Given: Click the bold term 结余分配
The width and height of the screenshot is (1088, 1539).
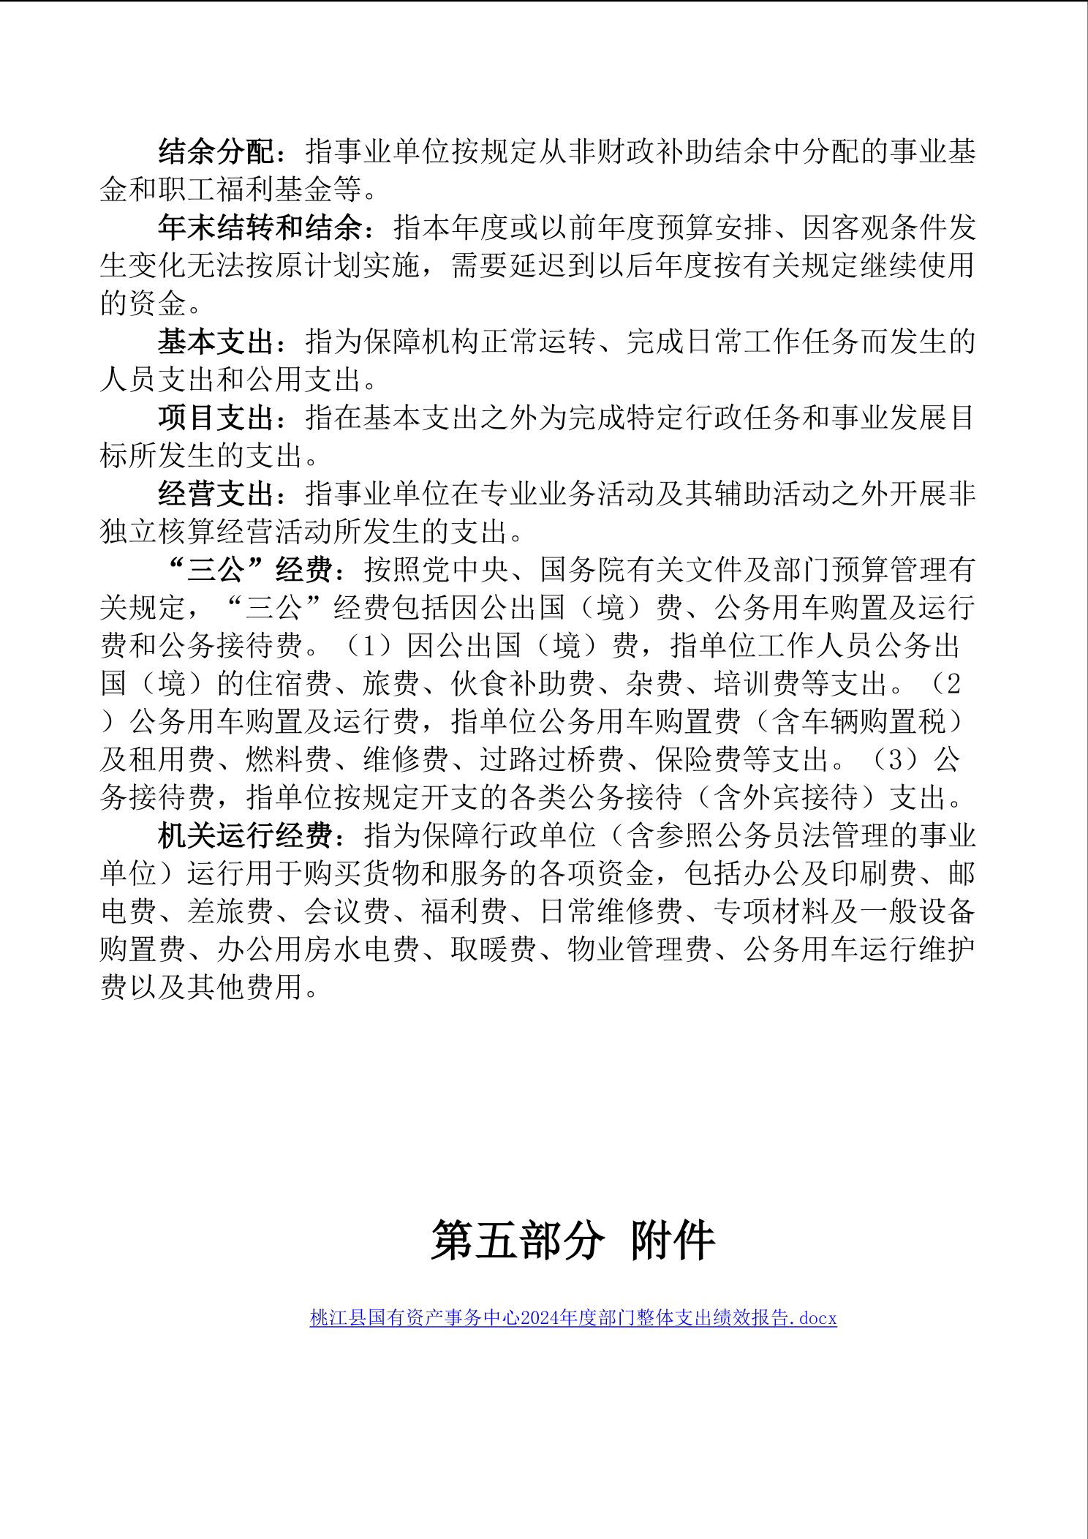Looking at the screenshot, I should pos(216,151).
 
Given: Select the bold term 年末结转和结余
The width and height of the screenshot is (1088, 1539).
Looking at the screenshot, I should pos(260,227).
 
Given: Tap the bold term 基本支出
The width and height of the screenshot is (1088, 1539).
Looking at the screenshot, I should pos(216,342).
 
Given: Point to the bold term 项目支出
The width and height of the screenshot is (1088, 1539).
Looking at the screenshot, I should pos(216,418).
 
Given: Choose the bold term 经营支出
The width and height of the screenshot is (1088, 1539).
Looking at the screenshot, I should pos(216,494).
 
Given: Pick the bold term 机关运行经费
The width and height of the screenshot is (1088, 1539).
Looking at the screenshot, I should pos(246,835).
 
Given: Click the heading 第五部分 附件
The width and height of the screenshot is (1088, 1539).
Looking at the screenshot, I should pos(573,1241).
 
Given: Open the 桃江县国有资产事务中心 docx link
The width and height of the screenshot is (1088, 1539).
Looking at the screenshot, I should pos(573,1318).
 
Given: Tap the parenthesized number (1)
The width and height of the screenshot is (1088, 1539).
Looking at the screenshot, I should pos(370,646).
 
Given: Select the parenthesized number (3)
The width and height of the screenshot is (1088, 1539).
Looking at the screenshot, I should pos(896,759).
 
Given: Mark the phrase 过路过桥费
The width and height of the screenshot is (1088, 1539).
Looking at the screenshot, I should pos(551,759).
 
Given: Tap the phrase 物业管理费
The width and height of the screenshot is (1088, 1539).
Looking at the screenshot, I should pos(639,949).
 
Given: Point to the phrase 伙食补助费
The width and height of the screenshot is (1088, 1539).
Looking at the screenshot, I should pos(522,684).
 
